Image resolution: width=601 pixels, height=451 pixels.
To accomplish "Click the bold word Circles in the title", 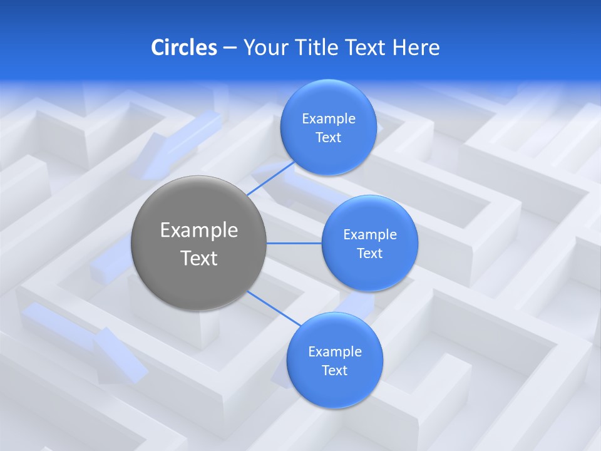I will (x=183, y=48).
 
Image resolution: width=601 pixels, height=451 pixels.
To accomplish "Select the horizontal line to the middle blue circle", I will (x=294, y=243).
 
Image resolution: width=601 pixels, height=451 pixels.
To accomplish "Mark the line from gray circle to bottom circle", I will (x=274, y=308).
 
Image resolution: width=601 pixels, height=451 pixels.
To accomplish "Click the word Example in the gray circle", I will (x=199, y=231).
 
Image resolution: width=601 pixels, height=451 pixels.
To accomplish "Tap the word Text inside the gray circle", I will (x=199, y=258).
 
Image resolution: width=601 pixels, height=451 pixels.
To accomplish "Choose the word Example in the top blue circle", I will (x=329, y=119).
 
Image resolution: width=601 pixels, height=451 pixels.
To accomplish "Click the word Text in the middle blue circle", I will (x=369, y=254).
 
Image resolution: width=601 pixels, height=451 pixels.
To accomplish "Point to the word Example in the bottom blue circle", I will (x=335, y=352).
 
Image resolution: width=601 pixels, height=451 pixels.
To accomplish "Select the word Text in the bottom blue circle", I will (x=334, y=371).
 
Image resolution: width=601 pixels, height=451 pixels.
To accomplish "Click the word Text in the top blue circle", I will (x=328, y=138).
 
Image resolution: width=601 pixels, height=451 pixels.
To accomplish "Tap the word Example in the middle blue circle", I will (x=370, y=235).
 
